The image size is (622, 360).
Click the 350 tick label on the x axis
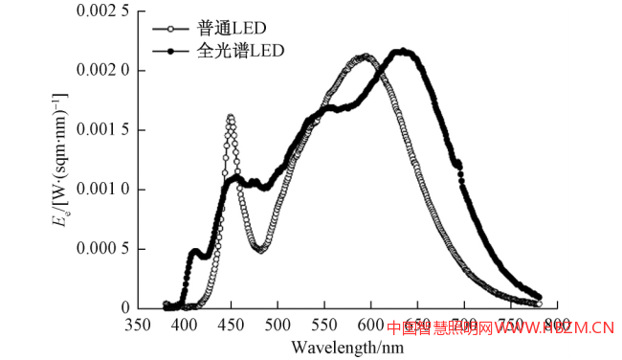pyautogui.click(x=138, y=326)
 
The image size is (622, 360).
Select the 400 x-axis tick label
pyautogui.click(x=185, y=326)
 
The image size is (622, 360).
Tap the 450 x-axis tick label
pyautogui.click(x=232, y=326)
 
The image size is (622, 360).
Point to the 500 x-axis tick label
pyautogui.click(x=278, y=326)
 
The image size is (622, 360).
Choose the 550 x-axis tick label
pyautogui.click(x=325, y=326)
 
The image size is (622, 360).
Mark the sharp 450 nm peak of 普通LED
pyautogui.click(x=231, y=117)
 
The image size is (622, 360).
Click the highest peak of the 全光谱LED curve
pyautogui.click(x=403, y=51)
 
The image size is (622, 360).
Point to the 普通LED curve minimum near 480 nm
pyautogui.click(x=260, y=250)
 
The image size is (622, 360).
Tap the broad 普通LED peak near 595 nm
pyautogui.click(x=367, y=56)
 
